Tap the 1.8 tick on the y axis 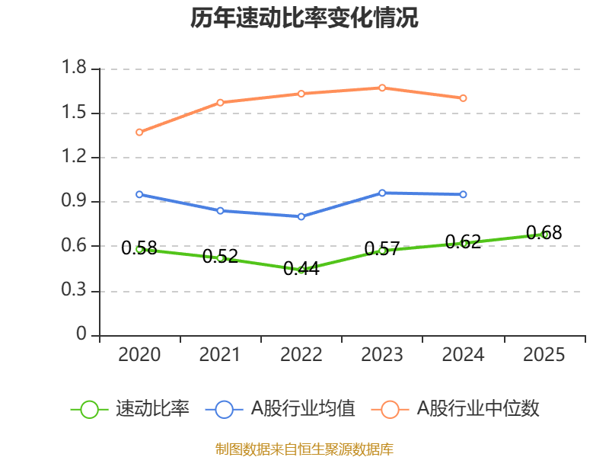tap(77, 69)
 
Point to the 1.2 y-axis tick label tap(77, 158)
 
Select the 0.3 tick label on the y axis tap(77, 292)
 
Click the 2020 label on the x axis tap(140, 355)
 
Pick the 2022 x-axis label tap(301, 355)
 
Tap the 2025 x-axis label tap(544, 355)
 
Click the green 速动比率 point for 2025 tap(544, 235)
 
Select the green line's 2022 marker tap(301, 270)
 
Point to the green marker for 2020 tap(140, 249)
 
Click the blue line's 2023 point tap(382, 193)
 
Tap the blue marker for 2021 tap(221, 210)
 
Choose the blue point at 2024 tap(463, 194)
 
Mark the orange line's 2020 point tap(140, 132)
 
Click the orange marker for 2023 tap(382, 88)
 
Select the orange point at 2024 tap(463, 97)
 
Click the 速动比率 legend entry tap(130, 409)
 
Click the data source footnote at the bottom tap(304, 449)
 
